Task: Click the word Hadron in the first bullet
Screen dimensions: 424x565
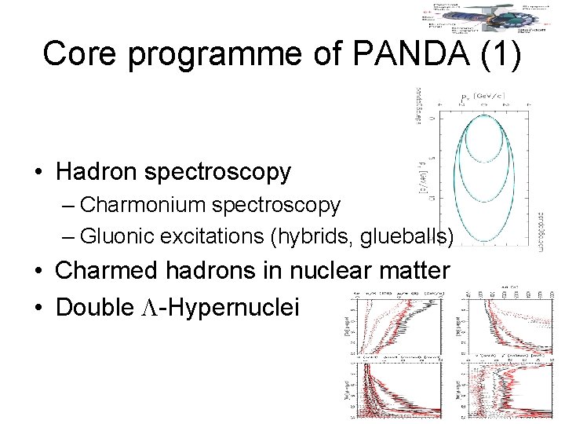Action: click(x=98, y=171)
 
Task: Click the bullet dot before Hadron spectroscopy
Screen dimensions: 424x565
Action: click(x=37, y=172)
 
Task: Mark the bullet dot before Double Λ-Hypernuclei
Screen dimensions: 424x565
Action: click(x=37, y=308)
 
